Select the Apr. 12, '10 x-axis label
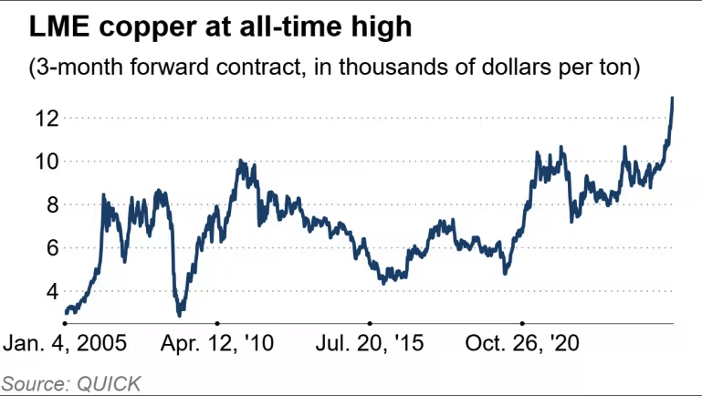tap(217, 345)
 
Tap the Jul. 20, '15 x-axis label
tap(369, 345)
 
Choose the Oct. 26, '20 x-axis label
tap(522, 345)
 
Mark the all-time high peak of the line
tap(673, 98)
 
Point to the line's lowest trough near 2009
tap(180, 315)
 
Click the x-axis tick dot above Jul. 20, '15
tap(369, 323)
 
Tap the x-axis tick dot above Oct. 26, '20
tap(521, 323)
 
